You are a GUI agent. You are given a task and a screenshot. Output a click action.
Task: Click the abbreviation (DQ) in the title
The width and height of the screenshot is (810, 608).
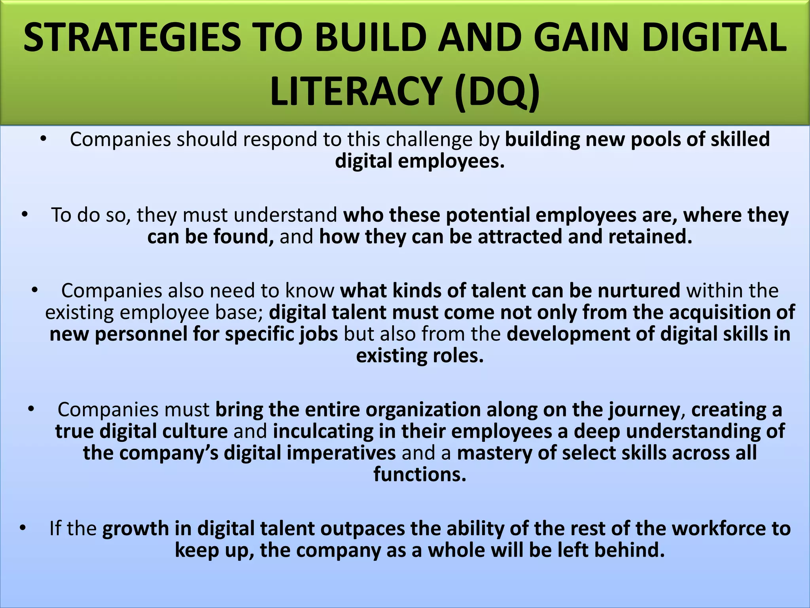[x=497, y=92]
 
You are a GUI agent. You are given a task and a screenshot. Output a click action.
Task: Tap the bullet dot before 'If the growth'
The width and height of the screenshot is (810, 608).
[x=23, y=528]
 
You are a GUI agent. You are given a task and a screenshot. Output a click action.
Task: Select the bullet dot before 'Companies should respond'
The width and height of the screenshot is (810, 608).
[x=44, y=139]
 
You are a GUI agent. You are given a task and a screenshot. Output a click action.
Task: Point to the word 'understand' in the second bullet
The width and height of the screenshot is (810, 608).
[x=285, y=215]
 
